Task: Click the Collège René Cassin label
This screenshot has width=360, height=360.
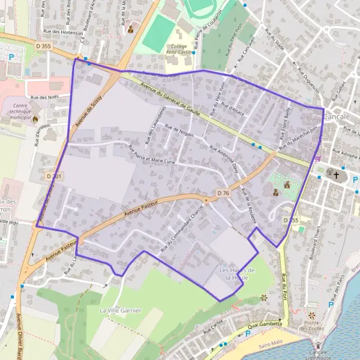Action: point(179,50)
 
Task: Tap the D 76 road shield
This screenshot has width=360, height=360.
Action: point(222,193)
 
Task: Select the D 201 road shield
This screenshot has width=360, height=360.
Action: point(53,176)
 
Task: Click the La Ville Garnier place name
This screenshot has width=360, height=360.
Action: point(120,310)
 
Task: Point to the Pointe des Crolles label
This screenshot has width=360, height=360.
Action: point(311,325)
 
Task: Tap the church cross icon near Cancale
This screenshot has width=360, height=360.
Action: point(337,176)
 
